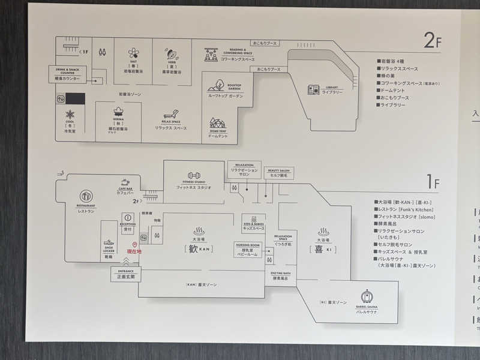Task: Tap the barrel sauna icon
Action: coord(367,297)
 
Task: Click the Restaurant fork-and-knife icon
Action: coord(86,196)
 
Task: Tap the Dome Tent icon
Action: coord(217,124)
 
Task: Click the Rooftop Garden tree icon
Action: coord(217,85)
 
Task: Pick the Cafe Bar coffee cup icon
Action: coord(125,182)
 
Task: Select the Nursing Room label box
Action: coord(247,249)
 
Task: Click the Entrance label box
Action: coord(126,274)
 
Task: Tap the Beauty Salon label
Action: coord(278,173)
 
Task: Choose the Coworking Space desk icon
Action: coord(211,54)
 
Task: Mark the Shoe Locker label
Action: coord(109,250)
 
